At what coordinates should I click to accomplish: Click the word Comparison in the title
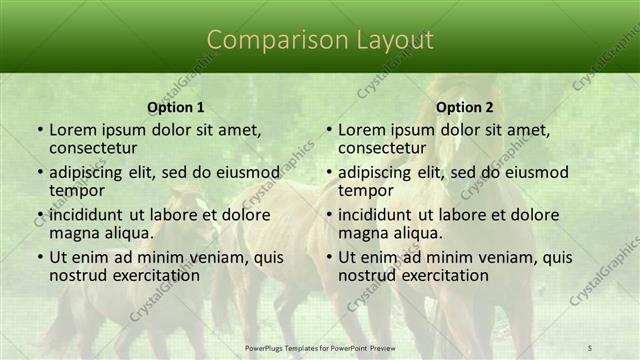click(x=266, y=40)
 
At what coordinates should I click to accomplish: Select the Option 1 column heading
click(x=176, y=107)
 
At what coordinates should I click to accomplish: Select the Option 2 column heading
click(x=465, y=107)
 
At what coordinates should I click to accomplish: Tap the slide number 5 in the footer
click(x=591, y=347)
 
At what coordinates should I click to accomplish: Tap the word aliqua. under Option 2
click(x=414, y=233)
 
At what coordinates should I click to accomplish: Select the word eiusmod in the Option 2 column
click(x=536, y=171)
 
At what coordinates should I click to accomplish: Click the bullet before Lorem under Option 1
click(x=39, y=130)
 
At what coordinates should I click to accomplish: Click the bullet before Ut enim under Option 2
click(x=328, y=257)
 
